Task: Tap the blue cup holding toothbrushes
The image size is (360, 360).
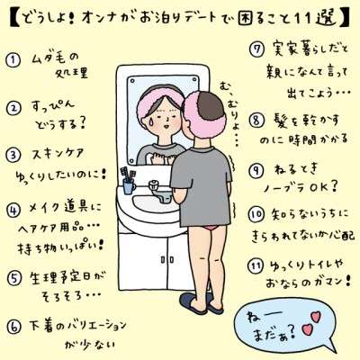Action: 129,187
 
